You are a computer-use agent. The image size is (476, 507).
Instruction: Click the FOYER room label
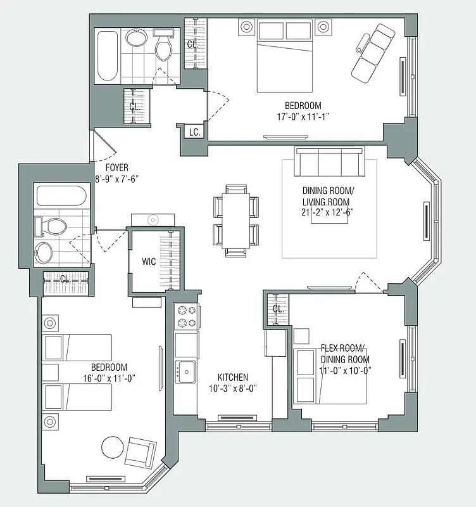pyautogui.click(x=116, y=167)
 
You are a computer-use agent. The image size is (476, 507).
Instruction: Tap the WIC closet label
pyautogui.click(x=149, y=260)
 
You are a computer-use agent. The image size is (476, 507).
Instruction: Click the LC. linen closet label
pyautogui.click(x=195, y=132)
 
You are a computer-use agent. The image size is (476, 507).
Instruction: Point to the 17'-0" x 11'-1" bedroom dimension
pyautogui.click(x=303, y=116)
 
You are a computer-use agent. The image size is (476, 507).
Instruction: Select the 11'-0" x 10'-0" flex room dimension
pyautogui.click(x=345, y=370)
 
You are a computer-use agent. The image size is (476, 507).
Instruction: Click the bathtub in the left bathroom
pyautogui.click(x=62, y=195)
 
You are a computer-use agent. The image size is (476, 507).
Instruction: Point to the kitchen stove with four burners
pyautogui.click(x=187, y=317)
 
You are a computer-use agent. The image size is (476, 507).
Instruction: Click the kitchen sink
pyautogui.click(x=186, y=369)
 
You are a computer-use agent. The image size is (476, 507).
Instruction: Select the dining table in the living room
pyautogui.click(x=237, y=219)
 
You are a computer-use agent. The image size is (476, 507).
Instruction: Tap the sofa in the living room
pyautogui.click(x=329, y=163)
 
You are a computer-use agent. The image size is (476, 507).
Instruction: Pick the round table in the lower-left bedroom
pyautogui.click(x=113, y=448)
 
